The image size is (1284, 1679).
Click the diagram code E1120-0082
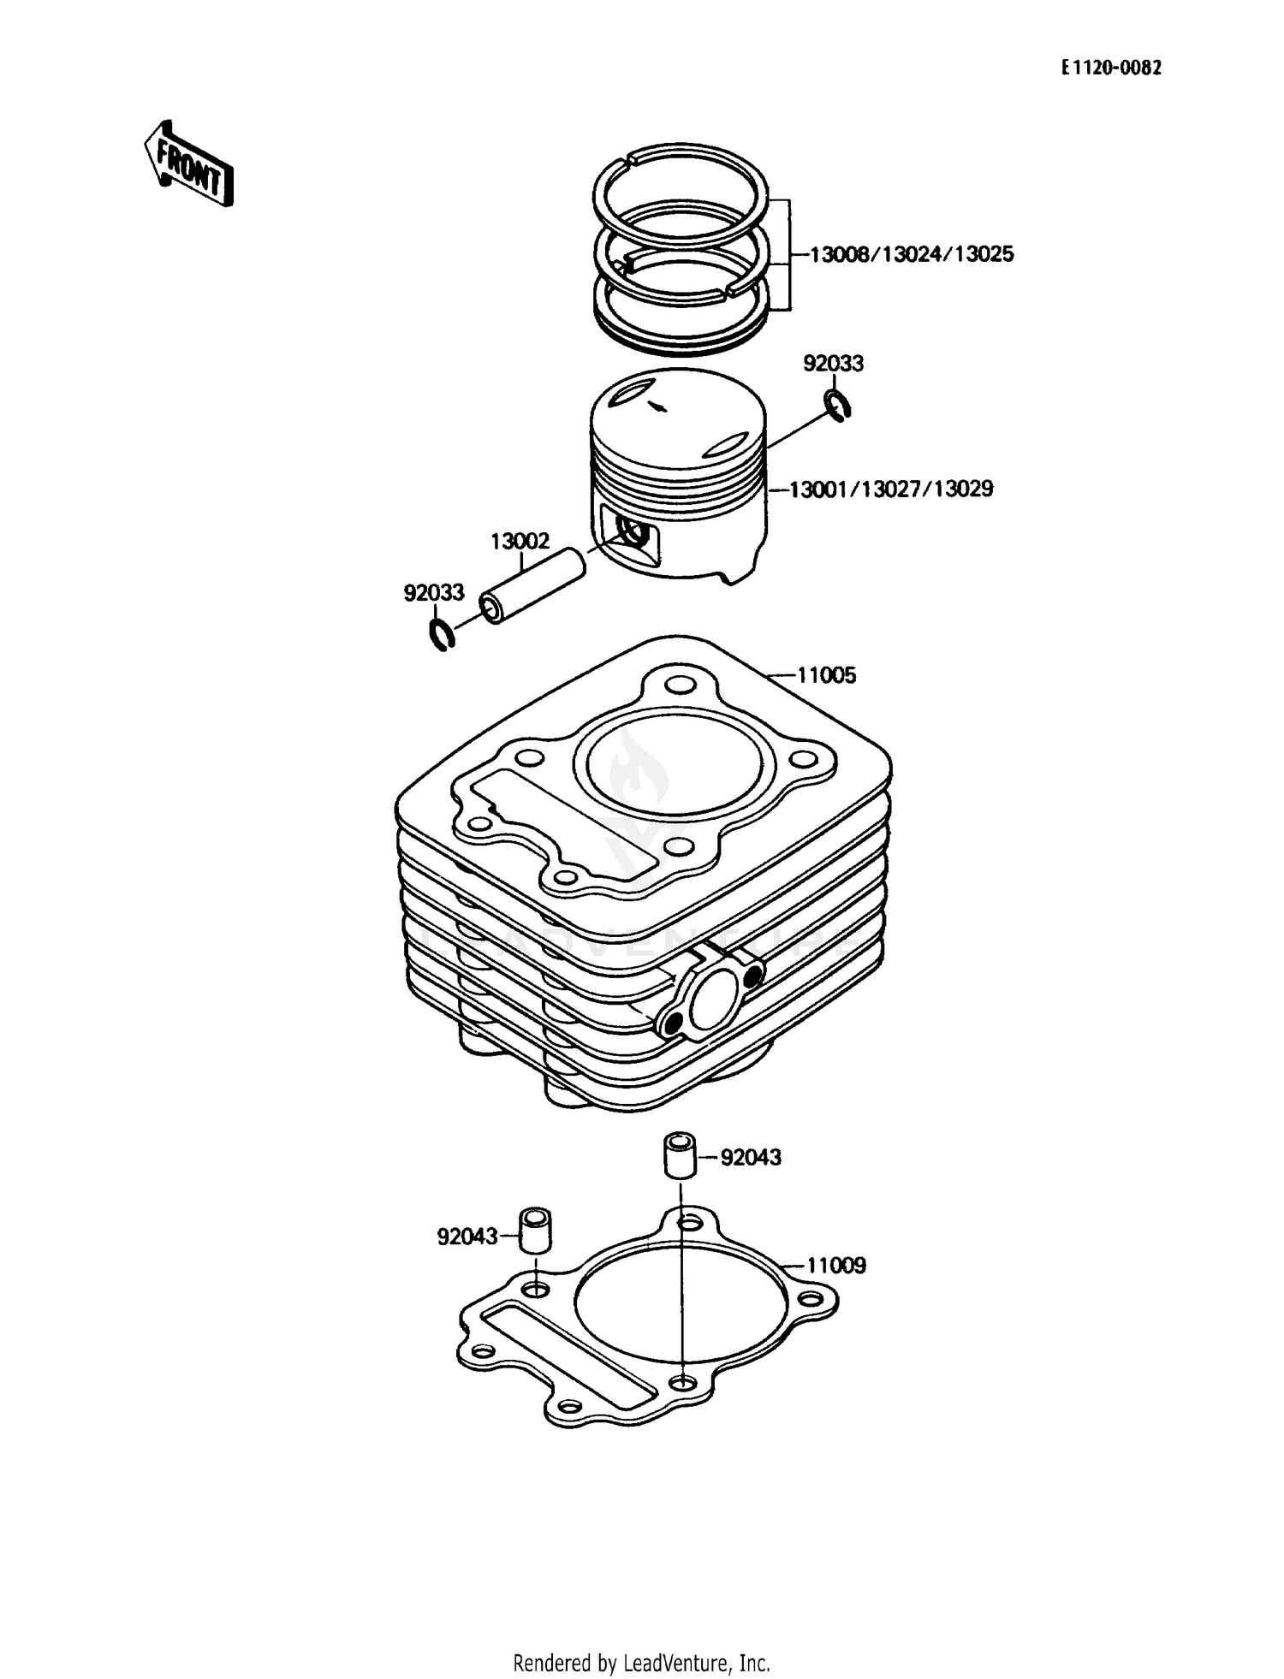[1111, 69]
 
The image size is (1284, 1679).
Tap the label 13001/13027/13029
[890, 489]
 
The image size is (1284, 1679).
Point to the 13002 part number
[520, 541]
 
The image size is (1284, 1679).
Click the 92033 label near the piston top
[832, 364]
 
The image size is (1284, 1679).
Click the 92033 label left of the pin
[433, 592]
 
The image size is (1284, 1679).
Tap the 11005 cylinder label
[826, 675]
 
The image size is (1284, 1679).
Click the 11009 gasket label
[835, 1265]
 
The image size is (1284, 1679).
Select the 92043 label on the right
[751, 1158]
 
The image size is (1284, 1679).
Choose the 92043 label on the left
[467, 1237]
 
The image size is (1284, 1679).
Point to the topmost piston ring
[681, 181]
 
